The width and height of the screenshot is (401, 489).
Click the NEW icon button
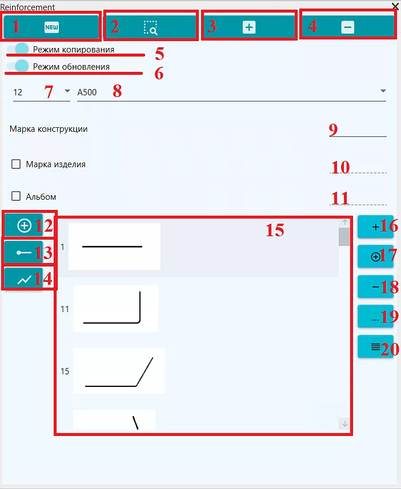[x=51, y=27]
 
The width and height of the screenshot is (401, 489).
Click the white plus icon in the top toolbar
[x=249, y=27]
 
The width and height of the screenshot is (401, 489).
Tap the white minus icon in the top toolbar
[x=347, y=27]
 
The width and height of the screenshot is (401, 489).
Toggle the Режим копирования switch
[x=18, y=49]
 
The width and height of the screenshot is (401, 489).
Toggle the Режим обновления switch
[x=18, y=66]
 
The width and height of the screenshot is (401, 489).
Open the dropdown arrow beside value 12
[x=67, y=91]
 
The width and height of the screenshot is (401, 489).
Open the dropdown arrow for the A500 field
[x=383, y=91]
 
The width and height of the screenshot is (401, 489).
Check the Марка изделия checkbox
[x=16, y=164]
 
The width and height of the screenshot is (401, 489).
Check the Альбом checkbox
[x=16, y=196]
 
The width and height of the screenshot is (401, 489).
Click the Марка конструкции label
[x=49, y=129]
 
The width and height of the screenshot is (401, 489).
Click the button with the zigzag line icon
[x=24, y=279]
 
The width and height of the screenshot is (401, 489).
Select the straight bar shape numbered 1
[x=114, y=246]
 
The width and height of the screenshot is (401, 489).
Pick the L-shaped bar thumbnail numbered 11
[x=115, y=309]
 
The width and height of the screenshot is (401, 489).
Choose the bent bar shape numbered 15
[x=119, y=370]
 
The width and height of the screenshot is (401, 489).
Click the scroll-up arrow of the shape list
[x=344, y=223]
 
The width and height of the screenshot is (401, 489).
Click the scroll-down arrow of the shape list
[x=344, y=424]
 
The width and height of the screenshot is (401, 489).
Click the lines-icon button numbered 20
[x=375, y=346]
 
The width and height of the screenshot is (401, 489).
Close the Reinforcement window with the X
[x=395, y=6]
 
